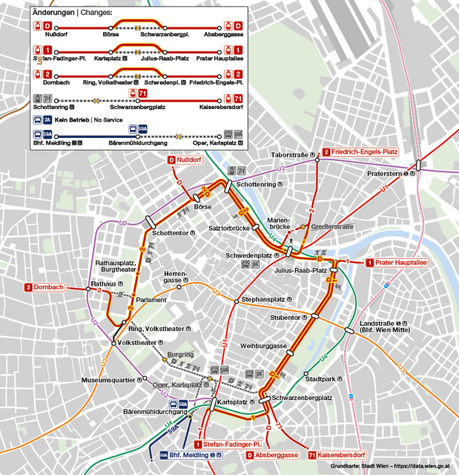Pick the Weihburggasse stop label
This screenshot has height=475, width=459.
(264, 346)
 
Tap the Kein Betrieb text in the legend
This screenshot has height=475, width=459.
(72, 119)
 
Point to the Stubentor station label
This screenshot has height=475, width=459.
(288, 317)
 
